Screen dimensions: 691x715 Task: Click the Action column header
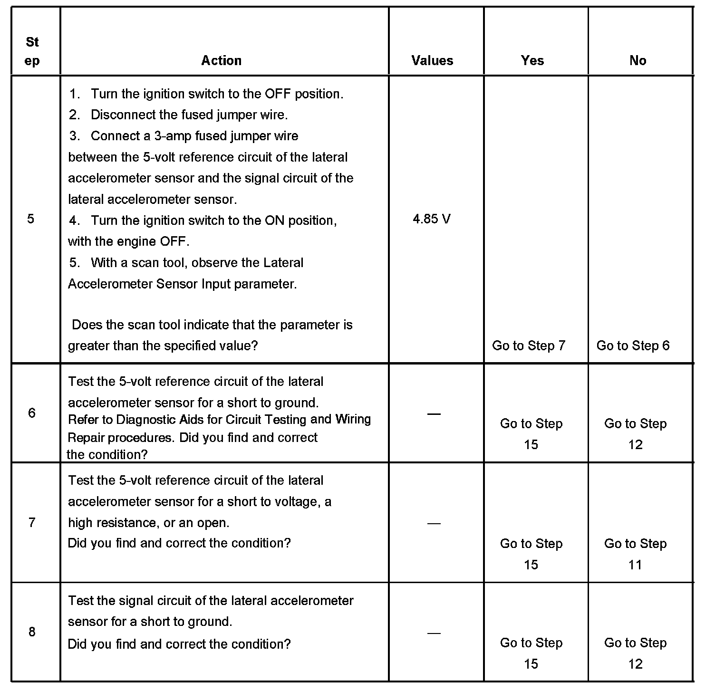click(221, 60)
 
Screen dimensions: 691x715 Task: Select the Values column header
click(432, 60)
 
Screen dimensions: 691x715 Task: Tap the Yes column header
click(532, 60)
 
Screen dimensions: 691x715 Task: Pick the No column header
click(638, 60)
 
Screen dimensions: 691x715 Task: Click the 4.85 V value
click(432, 219)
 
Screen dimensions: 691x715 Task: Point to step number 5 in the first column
click(31, 219)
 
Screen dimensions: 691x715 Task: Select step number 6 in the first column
click(32, 413)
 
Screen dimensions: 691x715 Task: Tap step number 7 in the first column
click(32, 523)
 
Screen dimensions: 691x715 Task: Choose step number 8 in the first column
click(32, 632)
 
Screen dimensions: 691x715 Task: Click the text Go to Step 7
click(529, 345)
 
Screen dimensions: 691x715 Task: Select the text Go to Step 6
click(633, 345)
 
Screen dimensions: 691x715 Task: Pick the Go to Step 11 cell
click(635, 554)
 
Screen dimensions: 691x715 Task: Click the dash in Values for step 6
click(434, 414)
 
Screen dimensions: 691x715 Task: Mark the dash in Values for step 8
click(434, 633)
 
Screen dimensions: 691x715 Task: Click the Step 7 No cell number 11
click(635, 565)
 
